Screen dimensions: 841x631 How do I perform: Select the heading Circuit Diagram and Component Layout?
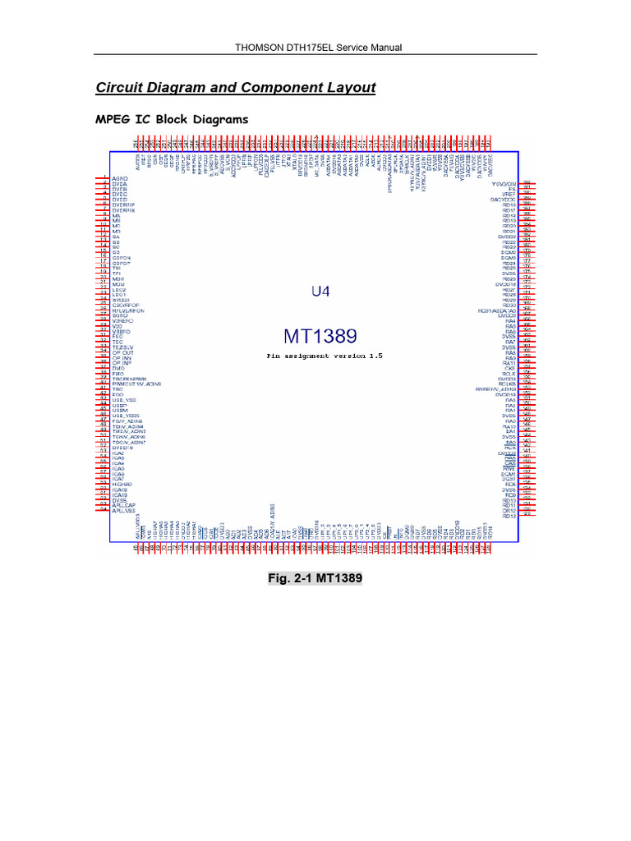point(236,88)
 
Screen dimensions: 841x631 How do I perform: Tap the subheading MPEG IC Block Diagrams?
point(172,120)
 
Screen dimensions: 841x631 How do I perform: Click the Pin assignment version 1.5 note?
point(324,356)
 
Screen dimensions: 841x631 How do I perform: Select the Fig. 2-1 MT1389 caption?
point(315,578)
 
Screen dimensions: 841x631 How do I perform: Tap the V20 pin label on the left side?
point(117,325)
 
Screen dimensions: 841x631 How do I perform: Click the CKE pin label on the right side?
point(509,367)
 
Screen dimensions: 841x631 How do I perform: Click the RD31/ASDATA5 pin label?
point(496,310)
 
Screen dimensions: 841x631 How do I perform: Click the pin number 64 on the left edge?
point(104,510)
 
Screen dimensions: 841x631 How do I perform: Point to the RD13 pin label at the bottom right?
point(509,499)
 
